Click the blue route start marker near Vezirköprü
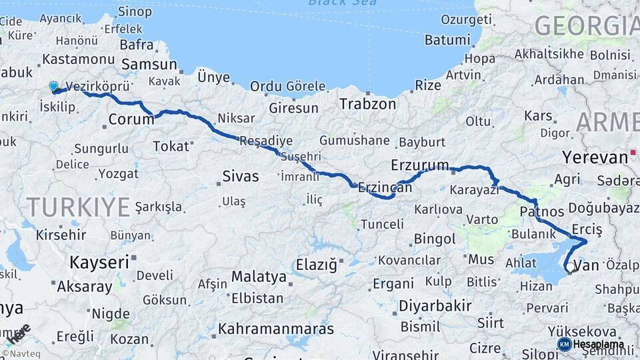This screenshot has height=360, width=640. coord(53,86)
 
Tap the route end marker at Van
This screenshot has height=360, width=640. coord(569,270)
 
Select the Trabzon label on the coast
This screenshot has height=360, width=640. coord(367,104)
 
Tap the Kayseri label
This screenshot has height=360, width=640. coord(99,262)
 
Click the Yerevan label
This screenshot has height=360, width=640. coord(595,157)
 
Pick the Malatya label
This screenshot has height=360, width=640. coord(259,276)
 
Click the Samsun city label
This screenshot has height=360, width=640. coord(149,65)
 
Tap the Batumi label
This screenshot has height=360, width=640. coord(447,40)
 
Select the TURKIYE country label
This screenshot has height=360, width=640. coord(79,207)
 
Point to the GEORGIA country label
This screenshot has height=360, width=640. coord(586,25)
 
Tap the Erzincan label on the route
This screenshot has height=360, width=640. coord(385,189)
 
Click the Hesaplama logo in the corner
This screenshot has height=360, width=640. coord(591,344)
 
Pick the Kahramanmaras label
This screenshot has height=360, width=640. coord(276,329)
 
